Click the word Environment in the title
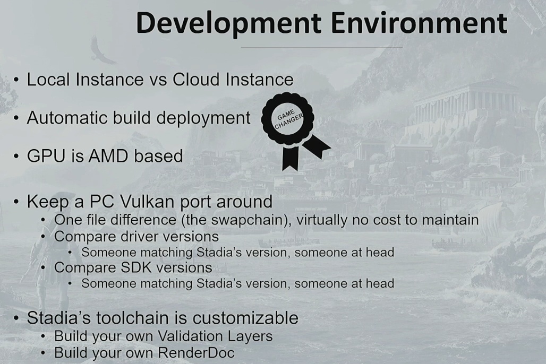pos(419,23)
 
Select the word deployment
pos(203,118)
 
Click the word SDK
pos(136,267)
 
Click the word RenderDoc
pos(196,352)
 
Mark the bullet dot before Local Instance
pos(16,80)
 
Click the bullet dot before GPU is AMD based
pos(16,156)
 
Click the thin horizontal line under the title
pos(322,47)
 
